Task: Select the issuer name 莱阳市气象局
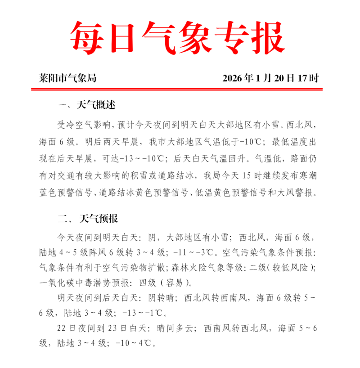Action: [x=67, y=78]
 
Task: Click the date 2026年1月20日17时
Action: [x=270, y=78]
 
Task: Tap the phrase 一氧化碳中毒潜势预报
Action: [x=79, y=283]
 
